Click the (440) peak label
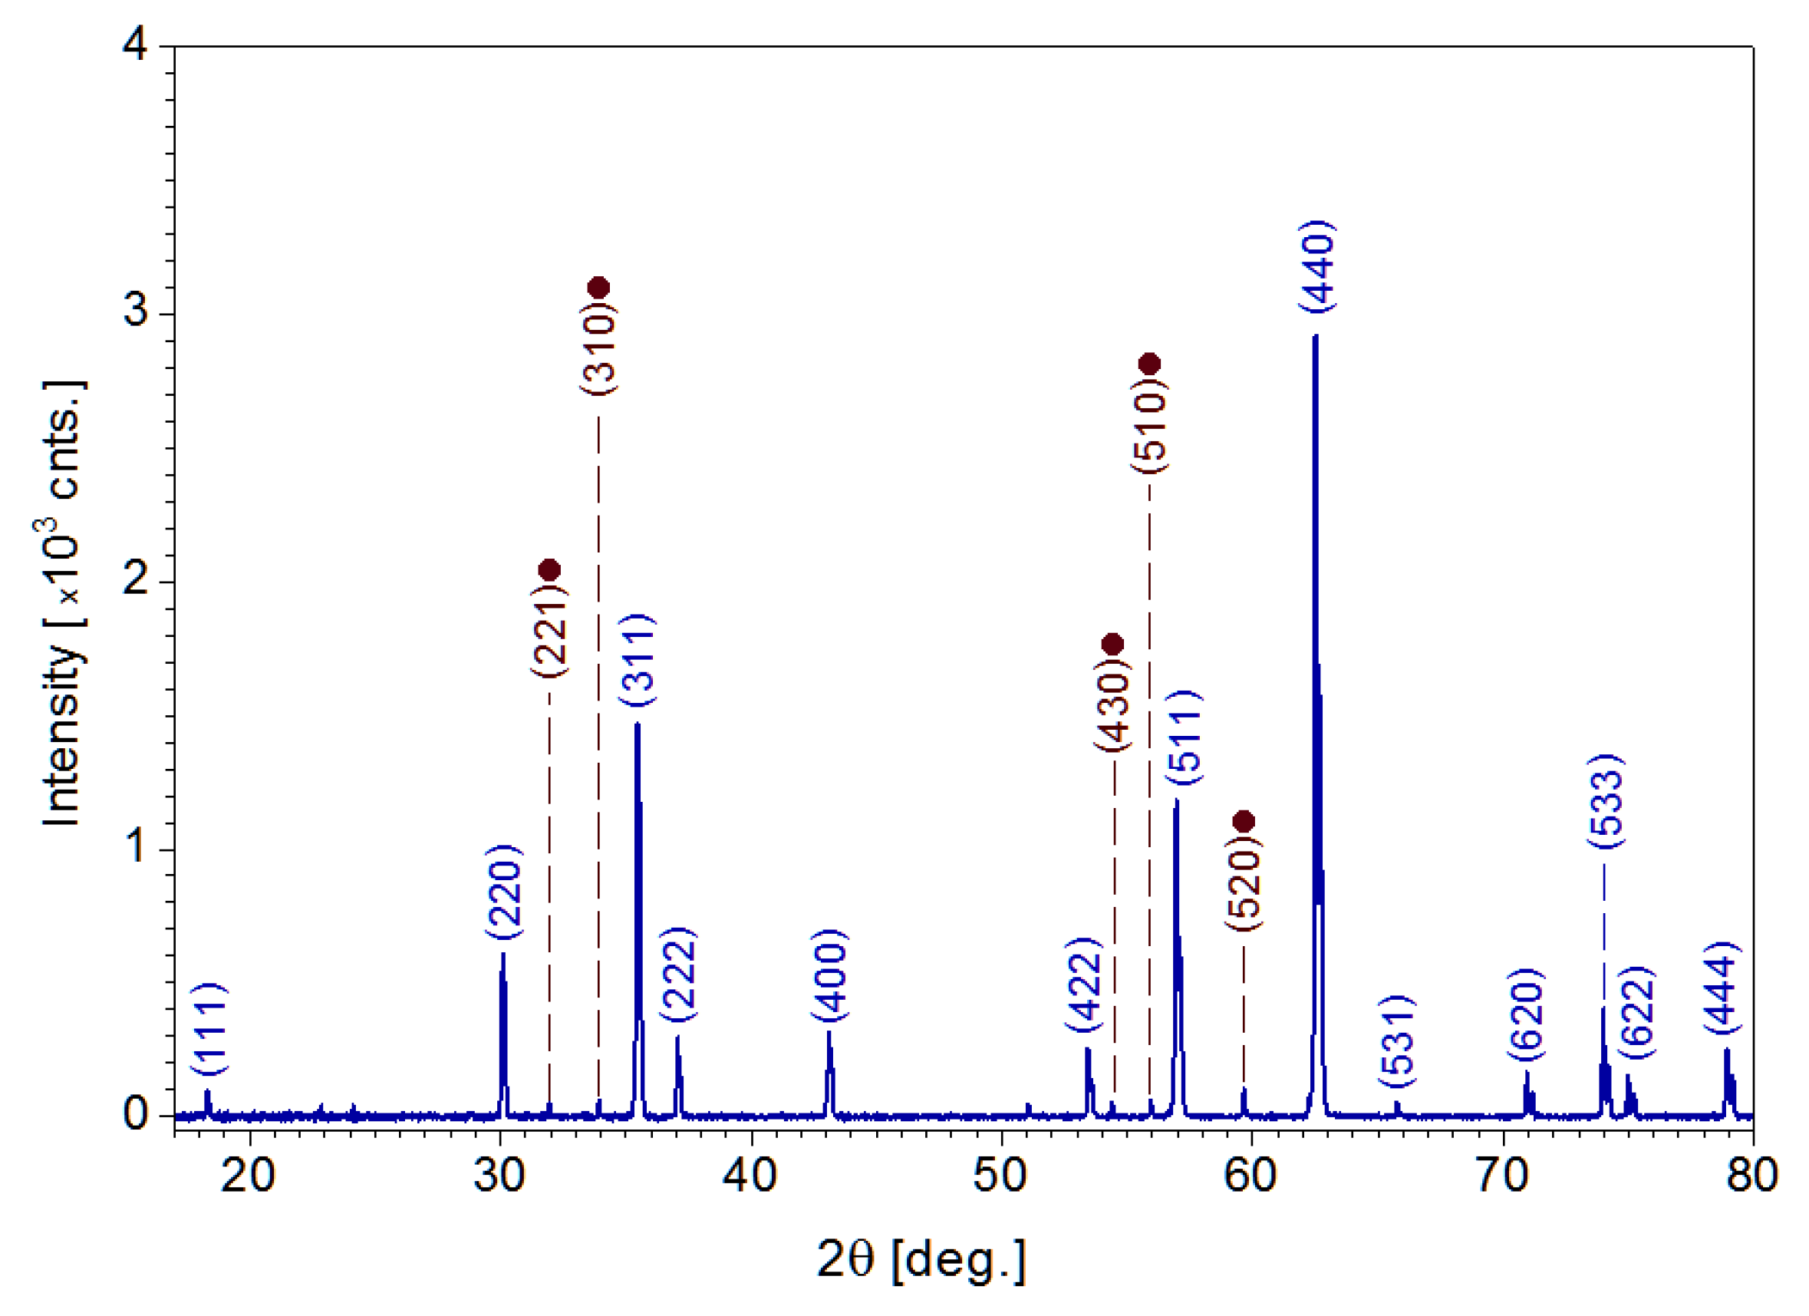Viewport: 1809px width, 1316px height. click(x=1317, y=266)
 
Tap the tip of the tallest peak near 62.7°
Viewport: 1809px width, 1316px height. click(x=1315, y=336)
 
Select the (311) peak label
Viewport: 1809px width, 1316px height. click(x=639, y=660)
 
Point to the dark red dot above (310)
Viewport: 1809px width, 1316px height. click(x=599, y=287)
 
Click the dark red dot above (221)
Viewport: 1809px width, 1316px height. click(x=549, y=569)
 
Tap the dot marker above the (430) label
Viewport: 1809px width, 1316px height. click(x=1112, y=644)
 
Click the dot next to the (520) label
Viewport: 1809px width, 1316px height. click(x=1244, y=822)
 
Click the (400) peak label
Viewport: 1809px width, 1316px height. click(x=830, y=975)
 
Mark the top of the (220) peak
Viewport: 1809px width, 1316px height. click(x=502, y=954)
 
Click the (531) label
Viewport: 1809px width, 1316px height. click(x=1398, y=1041)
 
